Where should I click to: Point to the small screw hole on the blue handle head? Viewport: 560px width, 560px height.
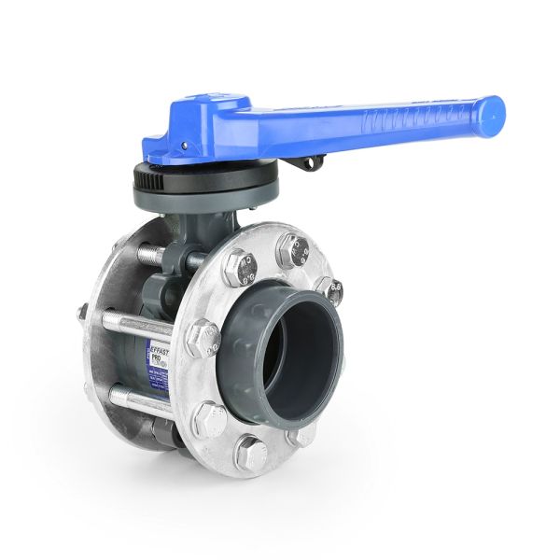point(183,146)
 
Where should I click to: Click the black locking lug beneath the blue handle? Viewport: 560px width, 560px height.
point(308,164)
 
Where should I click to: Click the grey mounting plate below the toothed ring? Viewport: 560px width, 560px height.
point(205,195)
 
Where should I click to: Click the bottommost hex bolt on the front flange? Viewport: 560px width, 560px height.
point(249,454)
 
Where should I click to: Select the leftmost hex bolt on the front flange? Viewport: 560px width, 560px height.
point(203,338)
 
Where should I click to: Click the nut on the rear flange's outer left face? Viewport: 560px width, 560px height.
point(83,313)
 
